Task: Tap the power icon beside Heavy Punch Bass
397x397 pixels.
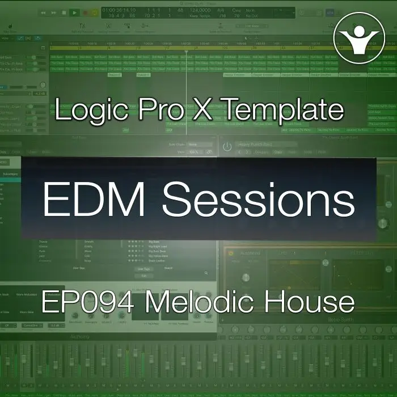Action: (x=227, y=146)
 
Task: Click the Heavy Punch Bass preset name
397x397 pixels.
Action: (x=256, y=145)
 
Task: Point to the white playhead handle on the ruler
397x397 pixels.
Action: (x=186, y=49)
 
